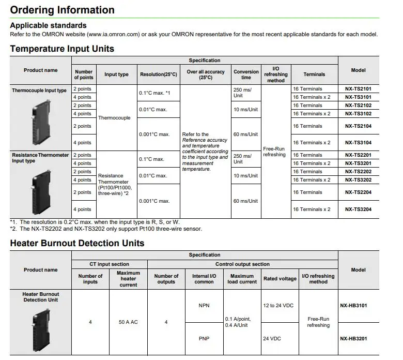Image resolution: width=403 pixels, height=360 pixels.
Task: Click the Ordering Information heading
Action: coord(63,10)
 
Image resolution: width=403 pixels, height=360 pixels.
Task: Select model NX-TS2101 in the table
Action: coord(358,89)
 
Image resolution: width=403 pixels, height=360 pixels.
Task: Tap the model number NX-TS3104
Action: coord(358,143)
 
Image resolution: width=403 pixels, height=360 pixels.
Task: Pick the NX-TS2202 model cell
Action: coord(358,172)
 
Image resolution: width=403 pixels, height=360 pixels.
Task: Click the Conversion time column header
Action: coord(246,74)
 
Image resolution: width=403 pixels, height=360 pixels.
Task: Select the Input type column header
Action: coord(116,74)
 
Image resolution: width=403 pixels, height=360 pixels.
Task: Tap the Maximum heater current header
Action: coord(128,279)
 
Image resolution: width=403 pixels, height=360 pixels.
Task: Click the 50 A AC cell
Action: coord(128,322)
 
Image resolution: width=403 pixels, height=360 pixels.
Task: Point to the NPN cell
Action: coord(204,305)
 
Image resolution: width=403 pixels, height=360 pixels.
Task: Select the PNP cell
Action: coord(204,339)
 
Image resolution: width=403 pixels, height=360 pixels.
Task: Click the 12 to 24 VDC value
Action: coord(278,305)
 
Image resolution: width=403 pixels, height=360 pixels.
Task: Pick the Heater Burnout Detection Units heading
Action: coord(77,243)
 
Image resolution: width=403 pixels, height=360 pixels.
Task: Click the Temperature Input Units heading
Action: coord(62,49)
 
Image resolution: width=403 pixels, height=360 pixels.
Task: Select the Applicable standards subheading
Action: coord(49,25)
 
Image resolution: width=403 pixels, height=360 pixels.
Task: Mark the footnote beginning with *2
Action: coord(106,229)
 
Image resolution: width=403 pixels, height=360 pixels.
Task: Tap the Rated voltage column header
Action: coord(280,279)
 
